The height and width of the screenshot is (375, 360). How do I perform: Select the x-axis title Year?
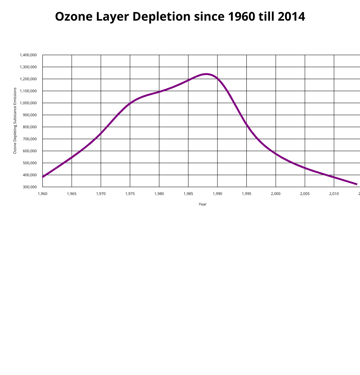click(x=202, y=204)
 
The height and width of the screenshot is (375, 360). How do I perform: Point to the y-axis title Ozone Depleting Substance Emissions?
click(x=15, y=121)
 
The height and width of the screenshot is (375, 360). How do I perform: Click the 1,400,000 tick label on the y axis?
click(x=28, y=55)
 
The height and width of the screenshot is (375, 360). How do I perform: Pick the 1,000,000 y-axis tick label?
click(x=28, y=103)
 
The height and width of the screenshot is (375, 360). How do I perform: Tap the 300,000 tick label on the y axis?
click(x=30, y=187)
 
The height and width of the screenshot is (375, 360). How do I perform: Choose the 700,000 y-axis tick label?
click(x=30, y=139)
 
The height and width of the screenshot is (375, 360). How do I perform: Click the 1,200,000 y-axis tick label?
click(x=28, y=79)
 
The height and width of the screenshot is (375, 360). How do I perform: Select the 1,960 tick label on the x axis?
click(x=42, y=194)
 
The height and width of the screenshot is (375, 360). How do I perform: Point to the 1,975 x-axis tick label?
click(x=130, y=194)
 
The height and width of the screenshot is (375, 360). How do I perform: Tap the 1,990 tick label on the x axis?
click(x=217, y=194)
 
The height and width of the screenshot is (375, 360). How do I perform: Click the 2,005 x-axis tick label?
click(x=305, y=194)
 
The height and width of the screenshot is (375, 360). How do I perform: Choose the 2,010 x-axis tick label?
click(x=334, y=194)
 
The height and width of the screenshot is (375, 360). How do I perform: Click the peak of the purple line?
click(x=206, y=74)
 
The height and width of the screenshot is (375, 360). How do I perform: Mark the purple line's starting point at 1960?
click(x=43, y=177)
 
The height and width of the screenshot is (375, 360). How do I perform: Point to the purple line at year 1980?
click(x=159, y=91)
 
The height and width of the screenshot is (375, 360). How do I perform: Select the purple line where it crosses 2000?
click(x=276, y=154)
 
